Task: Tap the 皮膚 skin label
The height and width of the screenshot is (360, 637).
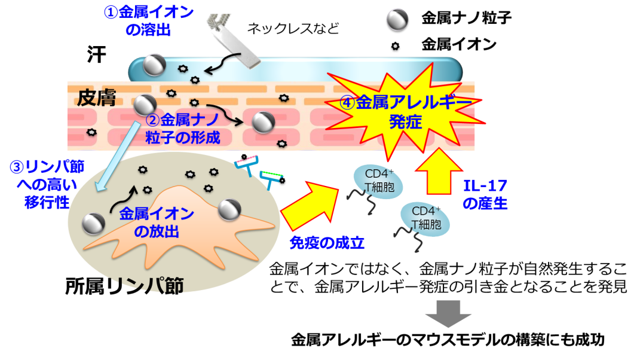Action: click(x=96, y=96)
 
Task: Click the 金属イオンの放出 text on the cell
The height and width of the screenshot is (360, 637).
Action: click(x=157, y=222)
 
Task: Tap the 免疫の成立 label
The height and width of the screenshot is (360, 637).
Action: click(x=327, y=243)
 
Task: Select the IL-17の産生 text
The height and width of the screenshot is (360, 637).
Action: click(x=485, y=194)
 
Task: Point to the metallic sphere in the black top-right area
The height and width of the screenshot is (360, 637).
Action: click(x=397, y=19)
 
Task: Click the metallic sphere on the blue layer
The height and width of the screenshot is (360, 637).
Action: click(x=155, y=64)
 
